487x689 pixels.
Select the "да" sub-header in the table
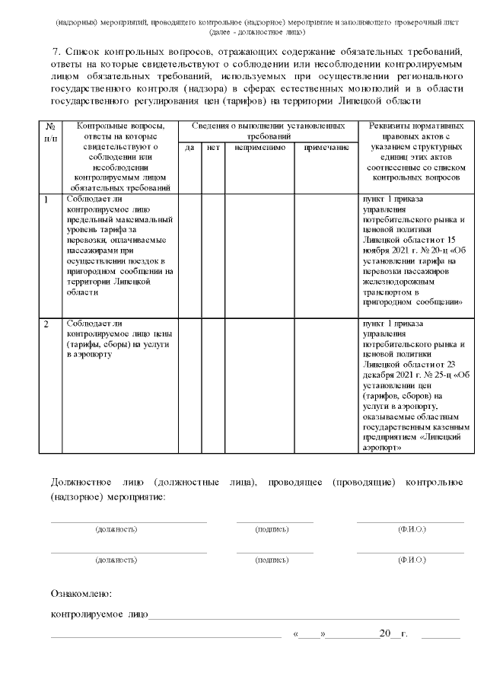click(x=190, y=147)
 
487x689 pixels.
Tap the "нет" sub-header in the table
click(x=213, y=147)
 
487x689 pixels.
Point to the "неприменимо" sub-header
click(x=259, y=147)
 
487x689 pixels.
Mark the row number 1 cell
click(x=46, y=199)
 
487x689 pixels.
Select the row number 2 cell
click(x=46, y=324)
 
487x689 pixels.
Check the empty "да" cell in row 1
click(x=190, y=254)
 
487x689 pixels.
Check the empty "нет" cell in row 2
click(x=213, y=385)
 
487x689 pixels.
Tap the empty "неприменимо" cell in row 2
click(x=259, y=385)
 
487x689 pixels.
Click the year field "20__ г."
click(x=393, y=633)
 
